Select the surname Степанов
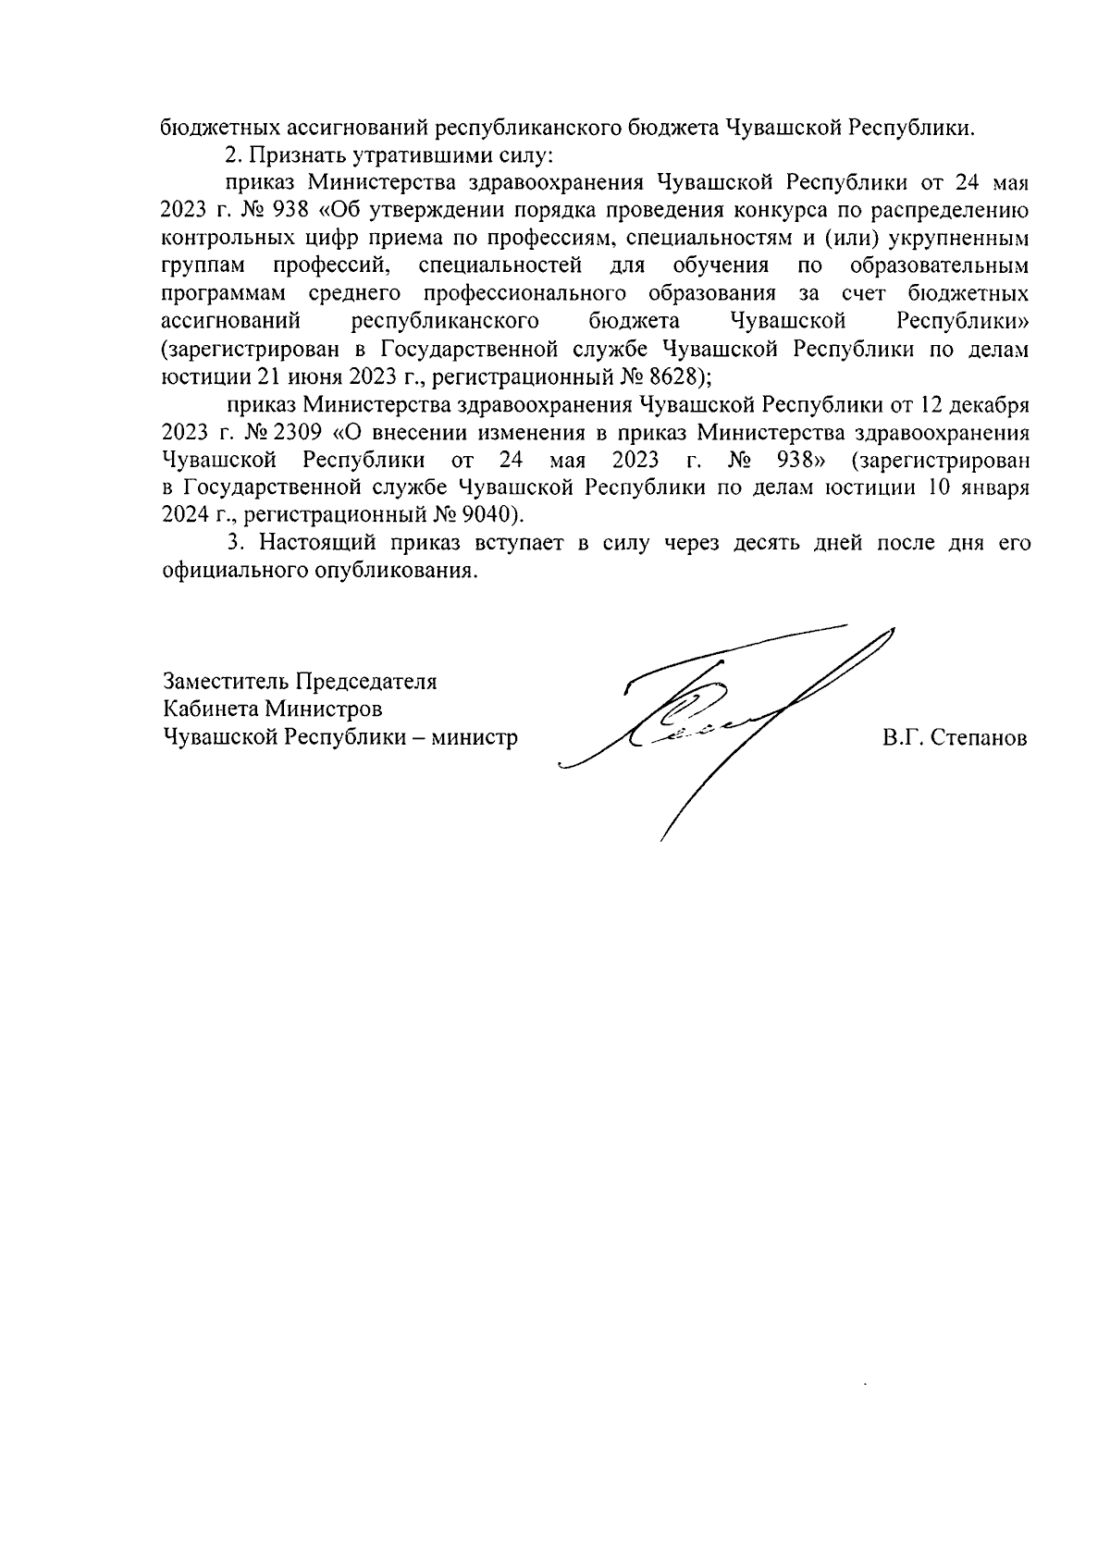pos(983,738)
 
